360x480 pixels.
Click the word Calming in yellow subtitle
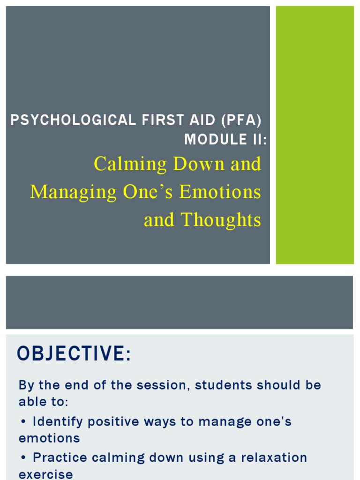[x=130, y=164]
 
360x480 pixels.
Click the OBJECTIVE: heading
[x=74, y=353]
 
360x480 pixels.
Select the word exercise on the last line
[x=45, y=474]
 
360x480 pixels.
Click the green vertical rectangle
[x=315, y=135]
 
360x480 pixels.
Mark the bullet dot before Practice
[x=23, y=457]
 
